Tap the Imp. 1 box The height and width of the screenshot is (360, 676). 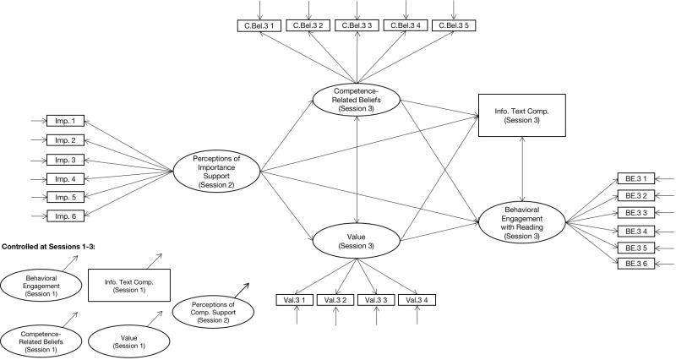pos(63,121)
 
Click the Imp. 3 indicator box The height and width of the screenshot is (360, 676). pos(63,160)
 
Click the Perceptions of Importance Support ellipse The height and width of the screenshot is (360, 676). pos(215,169)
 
